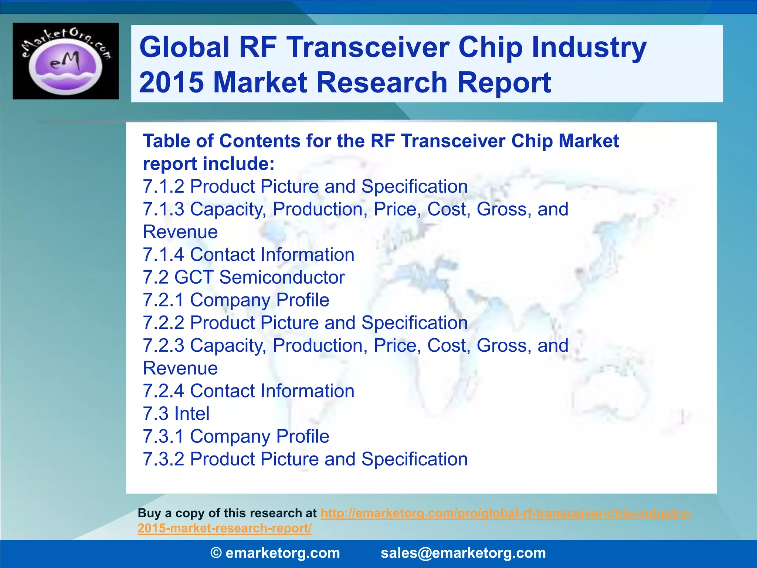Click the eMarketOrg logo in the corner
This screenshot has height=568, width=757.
click(66, 61)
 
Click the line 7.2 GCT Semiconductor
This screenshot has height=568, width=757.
click(244, 277)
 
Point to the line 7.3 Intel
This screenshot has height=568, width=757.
click(176, 413)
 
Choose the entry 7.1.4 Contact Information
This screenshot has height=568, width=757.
click(248, 255)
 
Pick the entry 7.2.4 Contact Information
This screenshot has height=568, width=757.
click(248, 391)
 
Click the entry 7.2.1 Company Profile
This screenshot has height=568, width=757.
click(236, 300)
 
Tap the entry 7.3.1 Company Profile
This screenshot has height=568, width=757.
click(236, 436)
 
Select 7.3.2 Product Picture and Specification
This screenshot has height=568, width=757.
click(305, 459)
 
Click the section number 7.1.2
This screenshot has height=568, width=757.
click(163, 186)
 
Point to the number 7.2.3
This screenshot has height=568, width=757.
click(163, 345)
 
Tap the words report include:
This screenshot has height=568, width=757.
click(208, 164)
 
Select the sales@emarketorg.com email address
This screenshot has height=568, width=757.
click(463, 553)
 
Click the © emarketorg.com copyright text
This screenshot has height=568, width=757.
click(275, 553)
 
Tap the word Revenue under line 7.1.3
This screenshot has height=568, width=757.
click(180, 232)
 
